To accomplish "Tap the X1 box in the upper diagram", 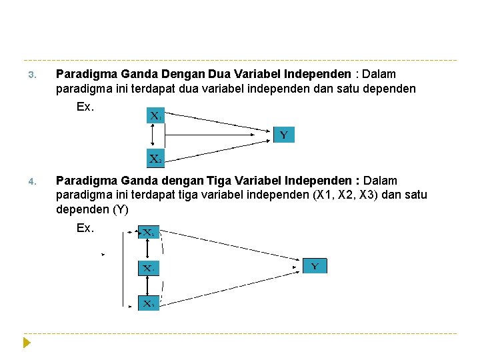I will (x=155, y=116).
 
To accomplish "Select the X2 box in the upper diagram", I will (x=155, y=159).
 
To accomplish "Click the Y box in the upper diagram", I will (x=283, y=135).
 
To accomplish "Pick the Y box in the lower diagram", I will (x=315, y=266).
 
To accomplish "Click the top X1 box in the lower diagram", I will (x=148, y=233).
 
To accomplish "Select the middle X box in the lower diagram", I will (x=148, y=269).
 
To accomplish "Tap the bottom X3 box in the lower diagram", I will (x=148, y=303).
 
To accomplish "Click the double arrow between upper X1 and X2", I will (x=153, y=137).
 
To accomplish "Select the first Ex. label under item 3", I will (x=85, y=107).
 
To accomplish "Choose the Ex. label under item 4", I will (x=85, y=228).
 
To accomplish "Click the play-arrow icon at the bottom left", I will (x=27, y=343).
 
